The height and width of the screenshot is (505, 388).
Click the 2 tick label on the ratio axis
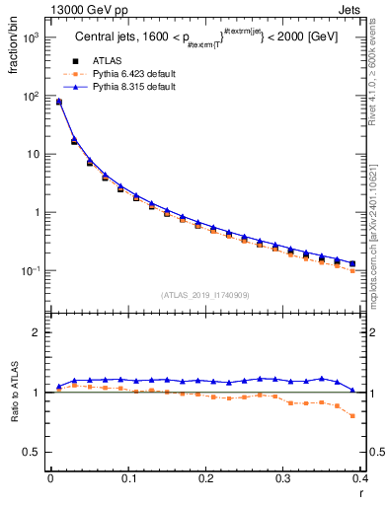click(x=38, y=332)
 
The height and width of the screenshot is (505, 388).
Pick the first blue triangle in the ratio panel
click(x=58, y=386)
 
